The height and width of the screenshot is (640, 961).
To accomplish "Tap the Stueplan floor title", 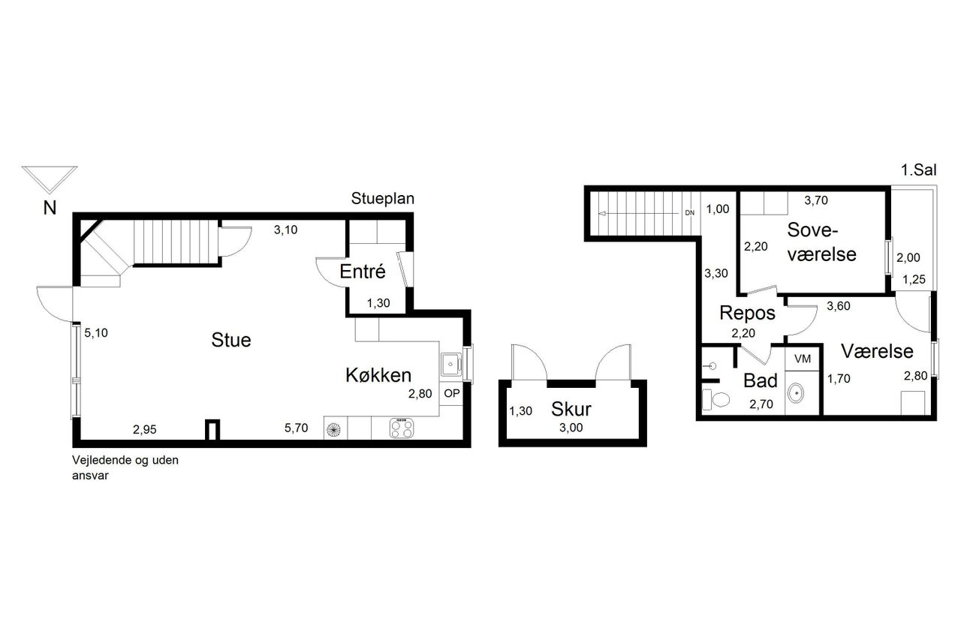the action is pyautogui.click(x=383, y=199).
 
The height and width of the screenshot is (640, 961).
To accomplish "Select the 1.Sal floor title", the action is pyautogui.click(x=918, y=170).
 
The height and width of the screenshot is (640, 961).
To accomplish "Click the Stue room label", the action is pyautogui.click(x=230, y=340).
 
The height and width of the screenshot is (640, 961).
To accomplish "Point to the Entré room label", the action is pyautogui.click(x=363, y=271).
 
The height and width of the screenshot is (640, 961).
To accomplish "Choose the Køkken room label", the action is pyautogui.click(x=378, y=375).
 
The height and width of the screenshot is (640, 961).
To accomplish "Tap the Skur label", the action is pyautogui.click(x=571, y=409).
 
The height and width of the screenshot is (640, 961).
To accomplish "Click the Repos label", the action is pyautogui.click(x=747, y=313).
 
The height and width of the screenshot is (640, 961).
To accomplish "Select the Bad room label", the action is pyautogui.click(x=761, y=380).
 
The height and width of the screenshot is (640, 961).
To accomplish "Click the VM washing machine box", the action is pyautogui.click(x=803, y=359).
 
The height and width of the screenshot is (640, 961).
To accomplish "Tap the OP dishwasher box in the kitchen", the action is pyautogui.click(x=451, y=393).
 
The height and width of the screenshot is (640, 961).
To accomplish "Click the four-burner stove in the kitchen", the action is pyautogui.click(x=402, y=428).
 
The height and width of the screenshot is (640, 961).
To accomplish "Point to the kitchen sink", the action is pyautogui.click(x=450, y=365).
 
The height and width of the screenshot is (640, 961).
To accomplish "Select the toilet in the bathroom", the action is pyautogui.click(x=716, y=399).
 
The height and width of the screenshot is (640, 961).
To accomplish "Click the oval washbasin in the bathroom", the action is pyautogui.click(x=797, y=393).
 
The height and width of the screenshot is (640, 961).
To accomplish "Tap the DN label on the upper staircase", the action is pyautogui.click(x=690, y=213).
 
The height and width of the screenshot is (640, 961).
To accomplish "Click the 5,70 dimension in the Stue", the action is pyautogui.click(x=296, y=428).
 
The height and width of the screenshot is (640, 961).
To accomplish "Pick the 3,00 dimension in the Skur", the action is pyautogui.click(x=571, y=428).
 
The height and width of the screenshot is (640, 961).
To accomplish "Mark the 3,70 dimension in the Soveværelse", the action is pyautogui.click(x=815, y=200).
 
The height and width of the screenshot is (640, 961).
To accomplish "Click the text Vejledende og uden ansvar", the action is pyautogui.click(x=125, y=467).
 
